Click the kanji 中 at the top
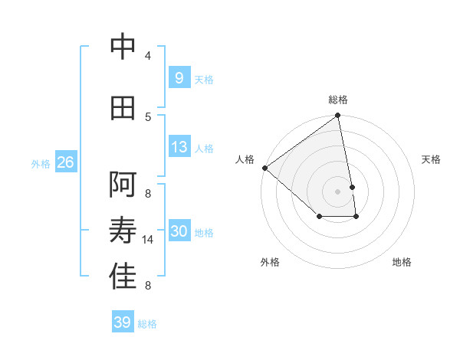[123, 47]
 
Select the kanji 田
[123, 109]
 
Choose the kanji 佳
[123, 277]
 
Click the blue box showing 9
[179, 77]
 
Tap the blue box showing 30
[179, 231]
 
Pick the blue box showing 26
[65, 162]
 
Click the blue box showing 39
[122, 322]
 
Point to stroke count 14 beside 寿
[149, 240]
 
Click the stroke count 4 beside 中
[148, 56]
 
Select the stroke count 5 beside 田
[148, 116]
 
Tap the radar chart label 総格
[338, 100]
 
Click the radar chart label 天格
[431, 159]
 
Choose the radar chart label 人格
[245, 159]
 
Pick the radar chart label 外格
[270, 262]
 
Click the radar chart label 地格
[402, 262]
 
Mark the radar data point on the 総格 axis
[338, 116]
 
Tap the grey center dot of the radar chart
[338, 191]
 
